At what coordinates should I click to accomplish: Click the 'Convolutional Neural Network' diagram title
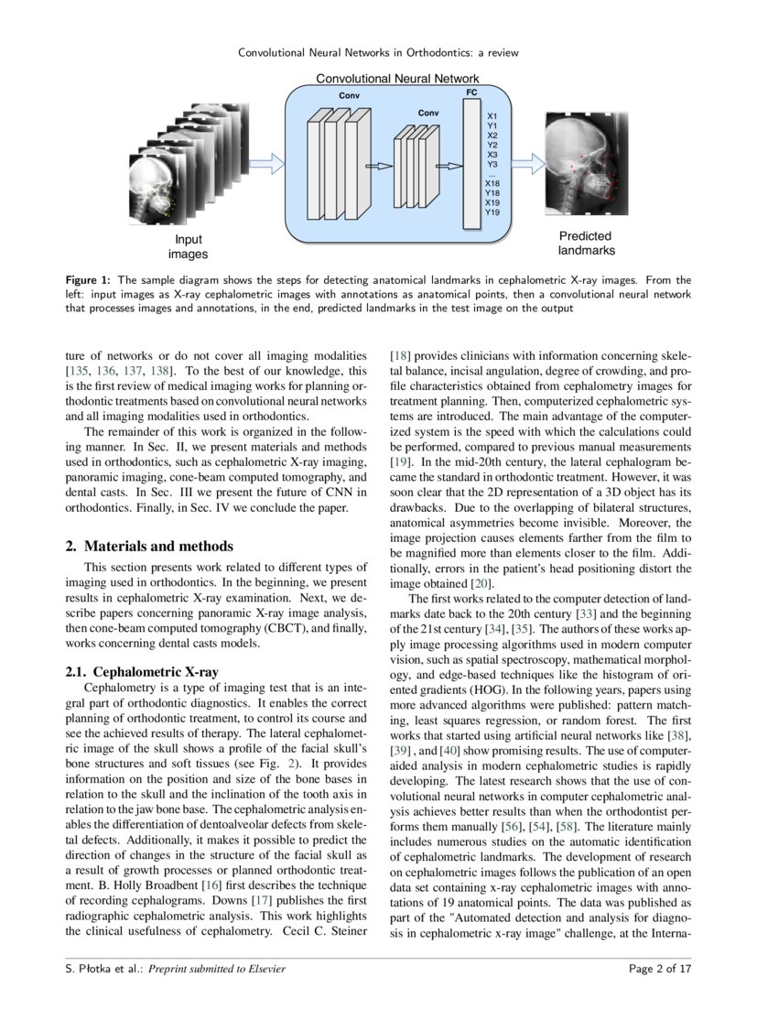(396, 80)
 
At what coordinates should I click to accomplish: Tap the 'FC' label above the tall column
(471, 93)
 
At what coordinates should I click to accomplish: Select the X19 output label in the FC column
(492, 202)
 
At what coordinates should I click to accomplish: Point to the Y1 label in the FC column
(492, 125)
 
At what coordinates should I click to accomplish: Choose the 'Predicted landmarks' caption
(587, 243)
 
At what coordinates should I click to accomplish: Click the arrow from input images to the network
(266, 163)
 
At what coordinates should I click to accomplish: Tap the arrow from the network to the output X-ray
(527, 164)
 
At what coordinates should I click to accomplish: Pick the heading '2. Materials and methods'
(149, 547)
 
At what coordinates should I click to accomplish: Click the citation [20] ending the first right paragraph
(481, 583)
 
